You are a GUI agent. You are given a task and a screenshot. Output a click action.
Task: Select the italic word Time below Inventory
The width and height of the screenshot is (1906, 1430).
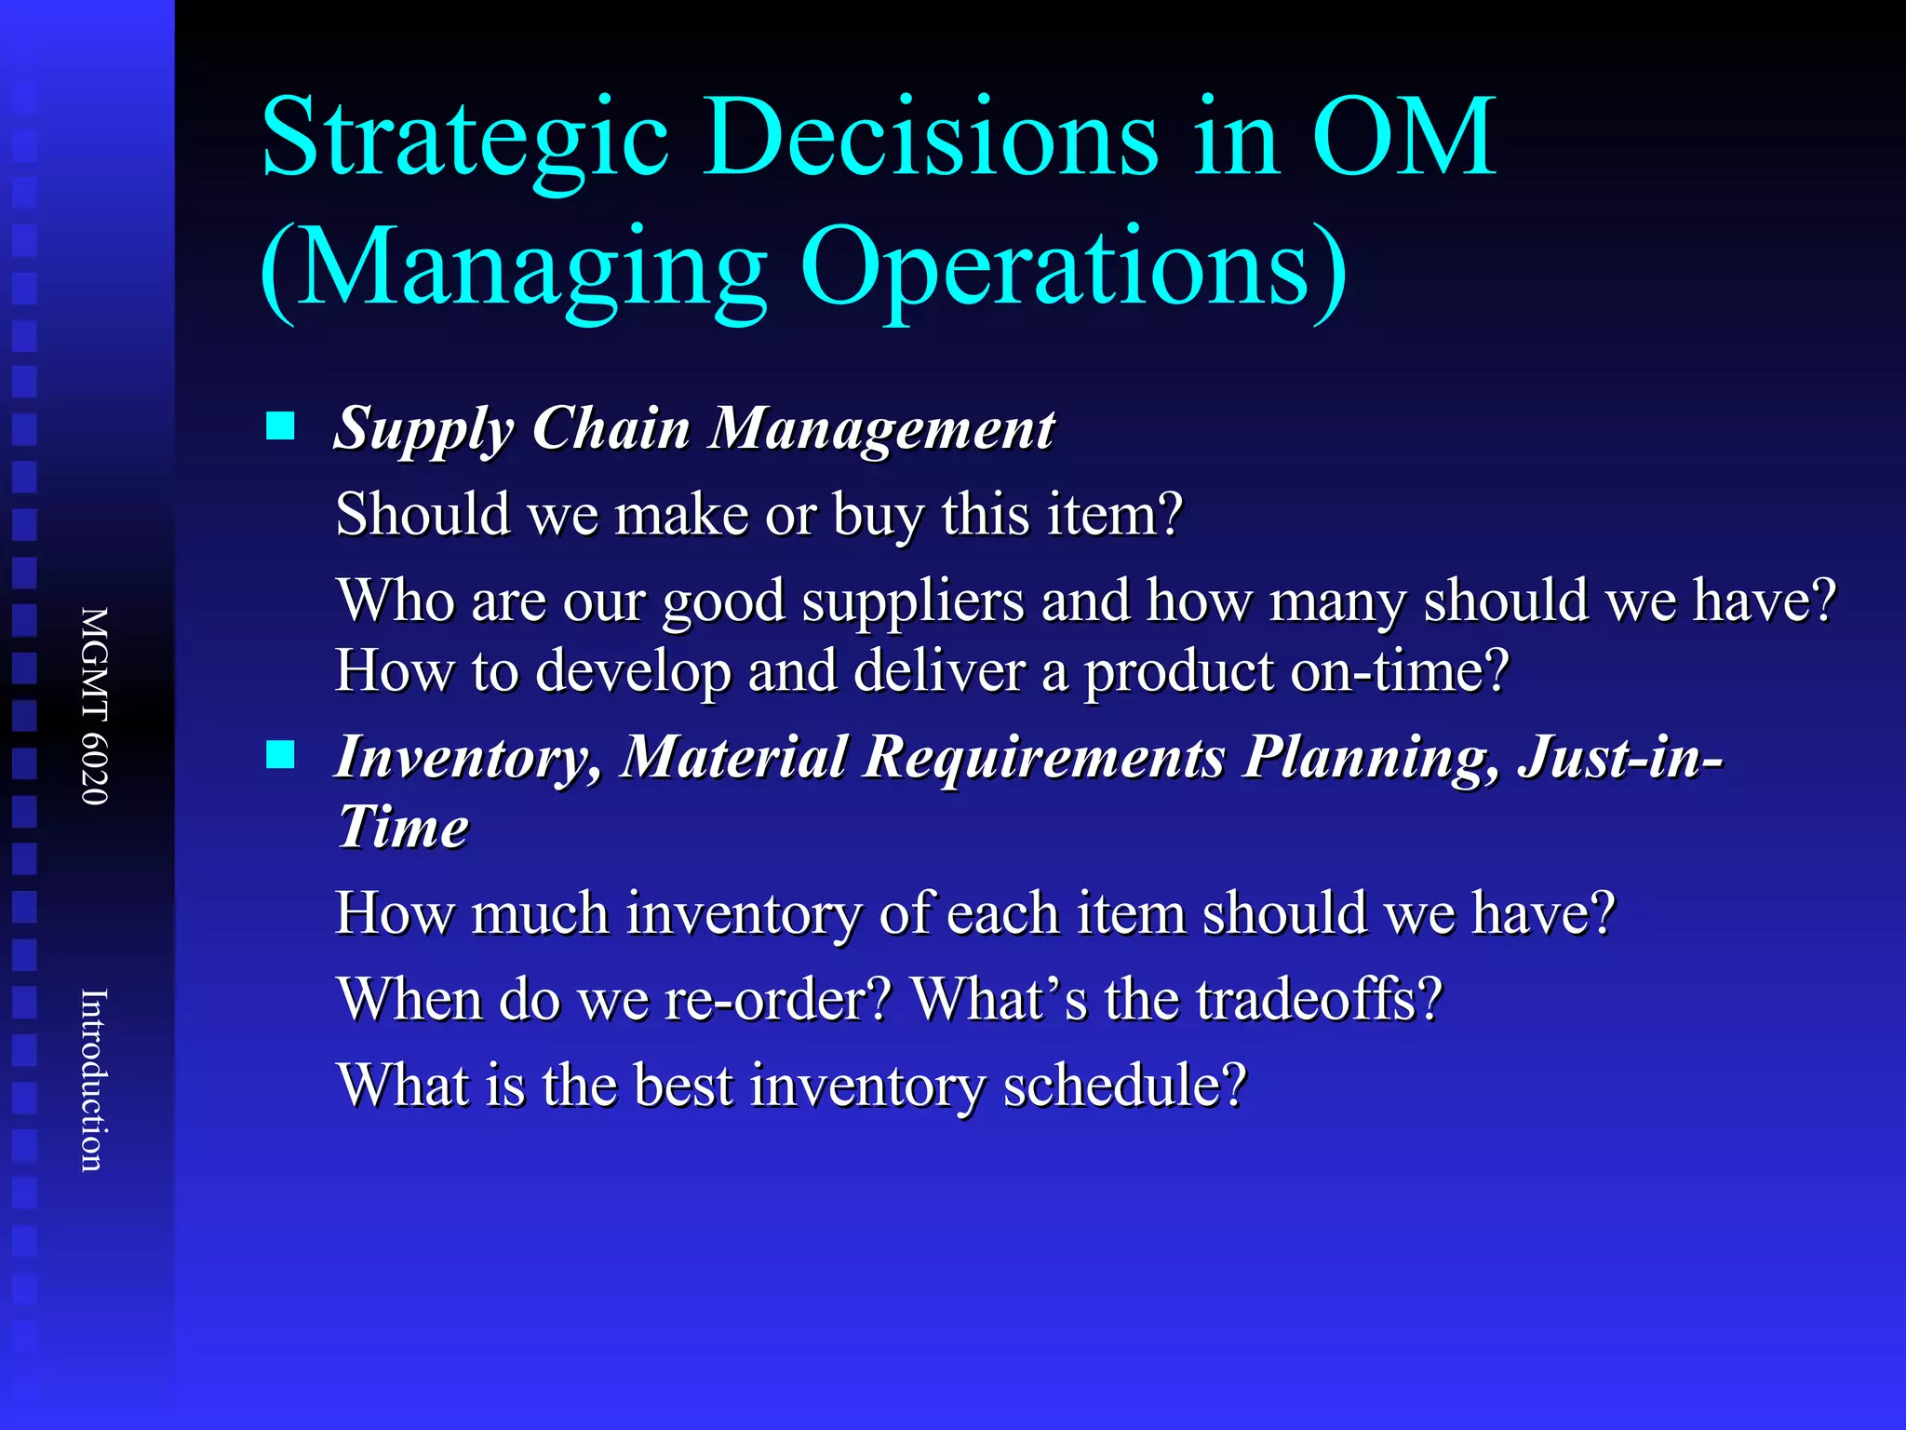[402, 827]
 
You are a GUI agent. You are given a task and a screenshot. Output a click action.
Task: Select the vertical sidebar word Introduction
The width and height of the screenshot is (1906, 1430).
[94, 1080]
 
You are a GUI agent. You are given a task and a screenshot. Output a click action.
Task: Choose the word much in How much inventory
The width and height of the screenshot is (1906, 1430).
[540, 913]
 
